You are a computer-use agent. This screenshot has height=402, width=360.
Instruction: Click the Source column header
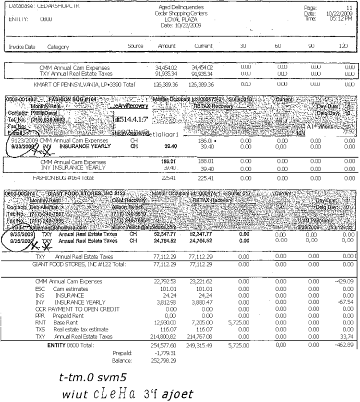coord(135,46)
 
